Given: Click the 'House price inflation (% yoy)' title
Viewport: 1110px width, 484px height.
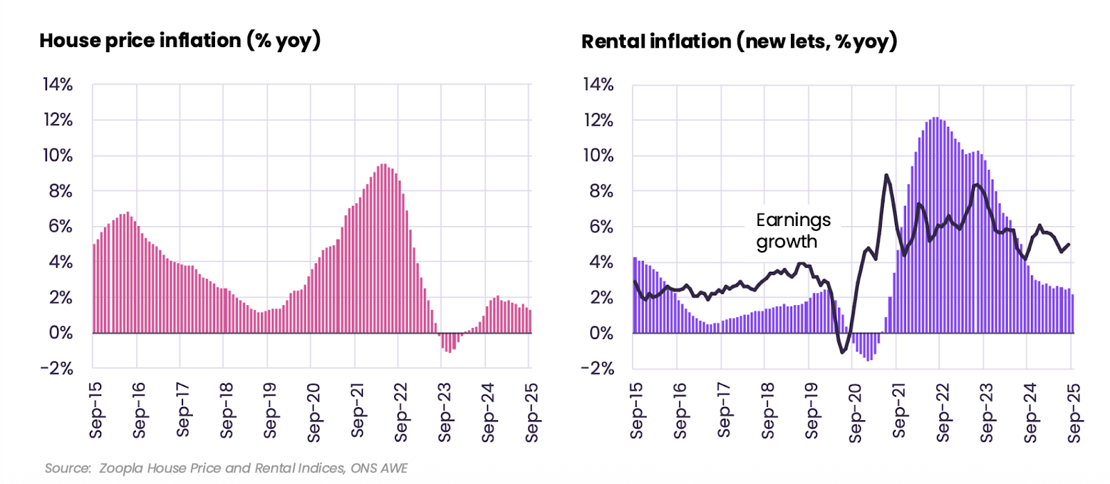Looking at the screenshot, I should click(180, 41).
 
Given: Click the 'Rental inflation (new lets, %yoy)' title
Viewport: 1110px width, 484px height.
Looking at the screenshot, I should click(739, 42).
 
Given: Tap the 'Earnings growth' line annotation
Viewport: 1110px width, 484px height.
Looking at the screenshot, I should click(792, 231).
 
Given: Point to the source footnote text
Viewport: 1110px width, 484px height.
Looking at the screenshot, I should click(226, 468).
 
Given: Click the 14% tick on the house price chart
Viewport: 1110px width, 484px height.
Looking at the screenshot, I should click(58, 85).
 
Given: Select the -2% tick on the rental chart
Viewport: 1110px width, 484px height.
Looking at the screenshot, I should click(597, 368).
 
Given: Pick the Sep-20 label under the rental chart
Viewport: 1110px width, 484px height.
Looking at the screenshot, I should click(855, 413).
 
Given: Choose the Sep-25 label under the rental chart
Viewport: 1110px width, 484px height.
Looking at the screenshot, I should click(1074, 413).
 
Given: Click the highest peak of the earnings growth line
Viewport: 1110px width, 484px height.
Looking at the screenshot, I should click(887, 175).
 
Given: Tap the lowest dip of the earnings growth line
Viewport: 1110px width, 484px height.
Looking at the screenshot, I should click(843, 352).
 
